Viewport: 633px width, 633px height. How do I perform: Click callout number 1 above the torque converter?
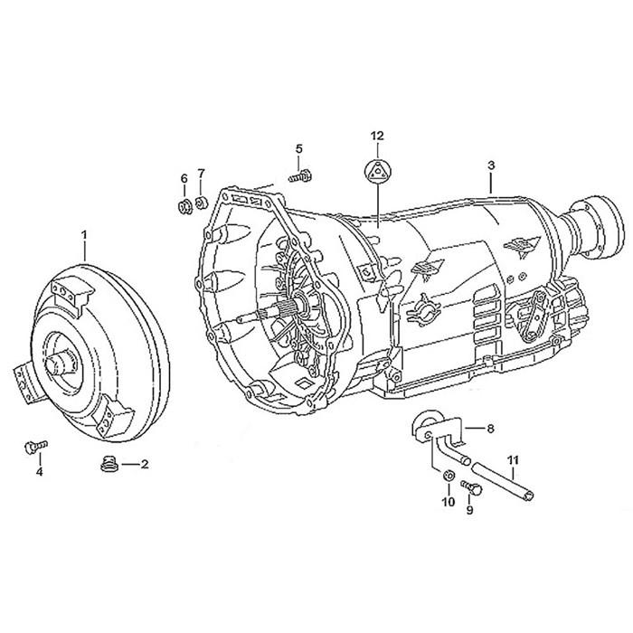(85, 235)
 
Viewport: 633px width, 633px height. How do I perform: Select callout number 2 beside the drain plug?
(144, 464)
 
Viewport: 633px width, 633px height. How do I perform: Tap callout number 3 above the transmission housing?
(491, 165)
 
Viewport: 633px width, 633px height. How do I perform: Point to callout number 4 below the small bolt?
(39, 471)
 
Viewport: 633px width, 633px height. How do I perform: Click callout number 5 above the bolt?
(298, 148)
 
